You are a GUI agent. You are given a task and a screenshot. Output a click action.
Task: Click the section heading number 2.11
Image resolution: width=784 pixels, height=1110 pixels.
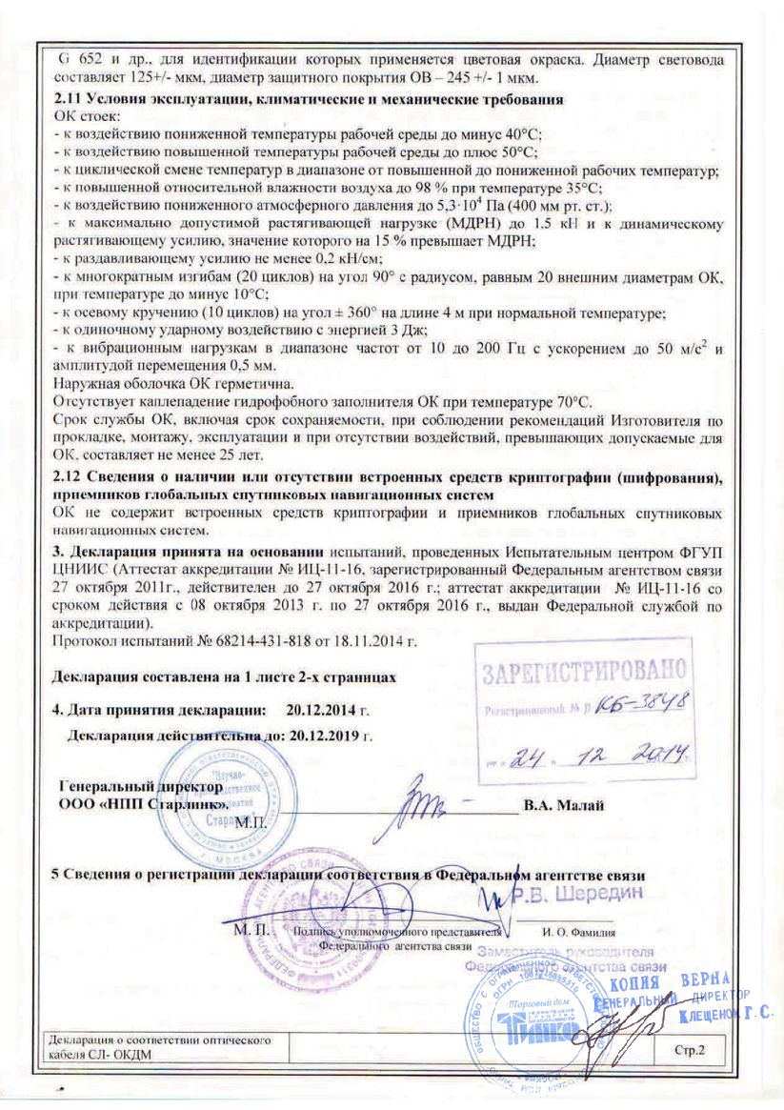69,99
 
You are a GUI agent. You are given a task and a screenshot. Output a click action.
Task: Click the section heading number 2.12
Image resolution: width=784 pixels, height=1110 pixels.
69,476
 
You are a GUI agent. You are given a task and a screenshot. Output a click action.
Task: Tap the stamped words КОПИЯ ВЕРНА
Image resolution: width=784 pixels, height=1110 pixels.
669,982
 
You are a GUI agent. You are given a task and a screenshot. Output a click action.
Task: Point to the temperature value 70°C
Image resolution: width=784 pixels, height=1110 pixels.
570,403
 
